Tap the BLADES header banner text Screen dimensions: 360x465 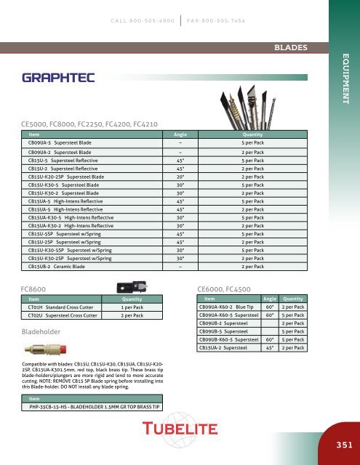(x=289, y=48)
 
